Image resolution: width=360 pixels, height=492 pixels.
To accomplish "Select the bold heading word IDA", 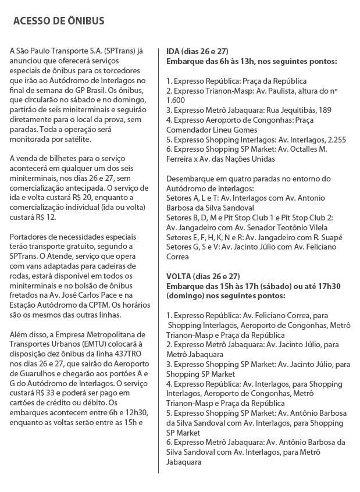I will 173,51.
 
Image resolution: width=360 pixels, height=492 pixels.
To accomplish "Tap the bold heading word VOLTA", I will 179,275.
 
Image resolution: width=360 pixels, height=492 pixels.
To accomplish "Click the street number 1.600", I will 176,100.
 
